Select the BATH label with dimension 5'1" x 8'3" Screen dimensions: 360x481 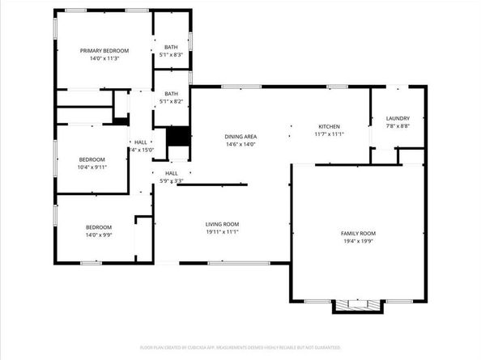pyautogui.click(x=171, y=47)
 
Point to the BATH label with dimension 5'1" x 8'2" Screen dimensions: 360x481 pyautogui.click(x=171, y=93)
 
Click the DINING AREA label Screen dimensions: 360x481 pyautogui.click(x=240, y=137)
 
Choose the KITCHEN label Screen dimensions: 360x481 pyautogui.click(x=329, y=126)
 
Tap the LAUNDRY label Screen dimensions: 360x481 pyautogui.click(x=398, y=118)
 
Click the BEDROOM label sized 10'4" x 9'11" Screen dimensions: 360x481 pyautogui.click(x=92, y=159)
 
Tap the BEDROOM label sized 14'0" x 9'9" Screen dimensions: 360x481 pyautogui.click(x=99, y=227)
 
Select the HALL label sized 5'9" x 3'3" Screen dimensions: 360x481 pyautogui.click(x=172, y=173)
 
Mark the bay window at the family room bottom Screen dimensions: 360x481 pyautogui.click(x=357, y=306)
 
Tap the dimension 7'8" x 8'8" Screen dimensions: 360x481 pyautogui.click(x=398, y=126)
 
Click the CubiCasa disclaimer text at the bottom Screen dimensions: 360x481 pyautogui.click(x=240, y=346)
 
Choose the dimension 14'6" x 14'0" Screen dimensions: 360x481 pyautogui.click(x=240, y=145)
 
